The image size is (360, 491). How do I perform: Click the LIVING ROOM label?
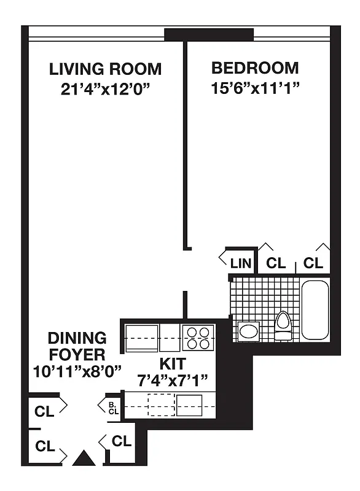[x=105, y=69]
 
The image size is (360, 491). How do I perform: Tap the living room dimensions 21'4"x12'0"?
[x=105, y=88]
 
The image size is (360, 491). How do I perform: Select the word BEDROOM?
[x=255, y=68]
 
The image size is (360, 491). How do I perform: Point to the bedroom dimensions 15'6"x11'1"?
[x=255, y=88]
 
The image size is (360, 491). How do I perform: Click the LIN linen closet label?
[x=241, y=264]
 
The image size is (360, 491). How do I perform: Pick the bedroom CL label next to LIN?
[x=276, y=264]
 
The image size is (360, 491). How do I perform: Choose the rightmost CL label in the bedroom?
[x=313, y=264]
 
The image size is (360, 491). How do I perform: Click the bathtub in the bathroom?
[x=315, y=308]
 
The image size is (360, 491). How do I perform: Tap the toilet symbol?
[x=283, y=325]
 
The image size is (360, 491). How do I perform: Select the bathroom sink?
[x=249, y=332]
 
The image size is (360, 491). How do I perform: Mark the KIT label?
[x=173, y=363]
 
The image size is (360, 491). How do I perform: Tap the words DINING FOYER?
[x=77, y=346]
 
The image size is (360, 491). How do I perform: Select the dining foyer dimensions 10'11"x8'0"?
[x=77, y=371]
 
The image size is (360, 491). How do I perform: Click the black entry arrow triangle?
[x=82, y=459]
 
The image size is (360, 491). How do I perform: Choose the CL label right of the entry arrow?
[x=122, y=441]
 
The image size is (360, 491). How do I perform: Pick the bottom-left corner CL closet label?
[x=45, y=446]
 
